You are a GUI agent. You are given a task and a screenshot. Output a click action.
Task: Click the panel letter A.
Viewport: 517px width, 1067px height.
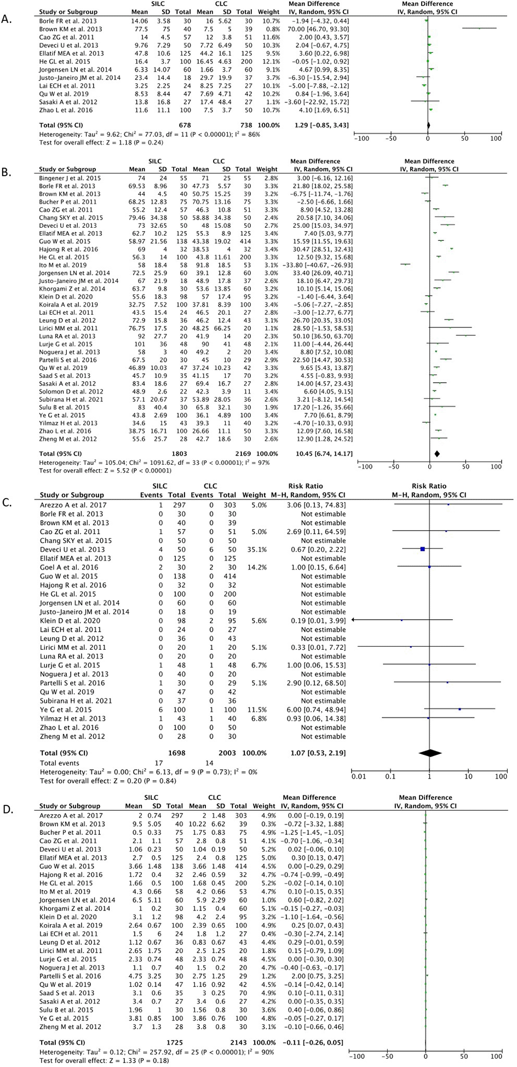pos(5,20)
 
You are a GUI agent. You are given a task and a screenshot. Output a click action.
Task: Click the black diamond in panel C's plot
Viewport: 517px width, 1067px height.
pos(430,753)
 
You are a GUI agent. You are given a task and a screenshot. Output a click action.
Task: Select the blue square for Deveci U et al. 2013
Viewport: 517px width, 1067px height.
pos(422,549)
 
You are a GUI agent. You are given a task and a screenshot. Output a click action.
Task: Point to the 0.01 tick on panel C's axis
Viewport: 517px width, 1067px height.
pos(359,776)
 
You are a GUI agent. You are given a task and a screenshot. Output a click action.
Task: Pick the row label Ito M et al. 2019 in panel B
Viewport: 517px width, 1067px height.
pos(63,264)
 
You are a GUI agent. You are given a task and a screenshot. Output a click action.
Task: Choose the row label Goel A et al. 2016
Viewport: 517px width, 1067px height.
pos(69,567)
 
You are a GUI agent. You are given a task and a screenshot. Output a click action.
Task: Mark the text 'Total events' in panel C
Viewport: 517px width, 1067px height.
pos(59,763)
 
